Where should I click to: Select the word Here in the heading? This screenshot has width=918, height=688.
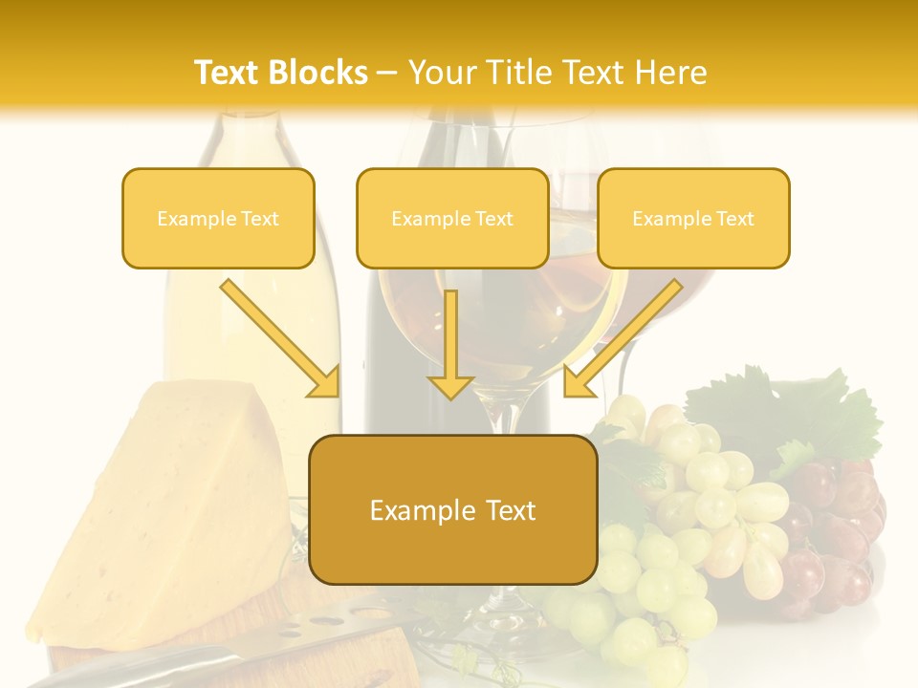tap(671, 73)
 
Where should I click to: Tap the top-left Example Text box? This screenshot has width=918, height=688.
tap(218, 219)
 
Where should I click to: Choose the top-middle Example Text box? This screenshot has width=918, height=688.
tap(452, 219)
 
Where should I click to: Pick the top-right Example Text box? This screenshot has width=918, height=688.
tap(693, 219)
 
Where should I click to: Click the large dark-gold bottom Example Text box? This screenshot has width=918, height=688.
tap(452, 510)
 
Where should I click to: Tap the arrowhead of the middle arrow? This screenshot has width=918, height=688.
tap(450, 386)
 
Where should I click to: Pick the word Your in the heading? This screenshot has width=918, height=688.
tap(444, 73)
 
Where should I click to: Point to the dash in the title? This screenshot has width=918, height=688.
tap(387, 73)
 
